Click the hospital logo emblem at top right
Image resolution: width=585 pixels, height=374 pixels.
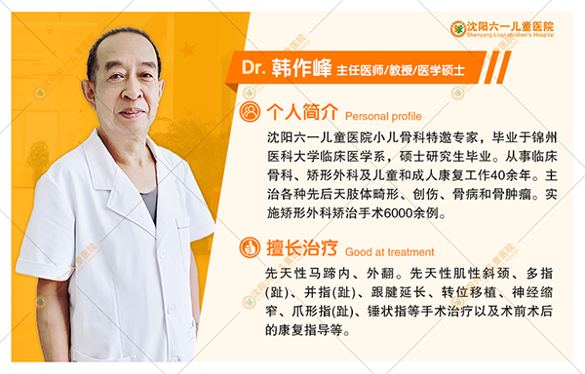click(x=458, y=28)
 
